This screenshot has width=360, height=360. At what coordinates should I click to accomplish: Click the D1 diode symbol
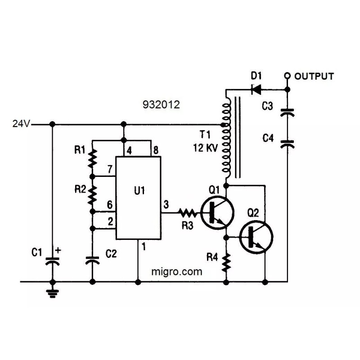(x=257, y=89)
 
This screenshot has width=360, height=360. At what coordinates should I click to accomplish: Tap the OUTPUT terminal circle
(x=287, y=76)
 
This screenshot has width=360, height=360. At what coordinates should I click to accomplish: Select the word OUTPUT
(x=314, y=76)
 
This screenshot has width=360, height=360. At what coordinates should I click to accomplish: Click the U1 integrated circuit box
(x=139, y=198)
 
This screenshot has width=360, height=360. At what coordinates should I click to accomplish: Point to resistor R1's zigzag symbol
(x=93, y=158)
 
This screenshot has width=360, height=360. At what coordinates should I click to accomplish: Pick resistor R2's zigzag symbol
(x=93, y=194)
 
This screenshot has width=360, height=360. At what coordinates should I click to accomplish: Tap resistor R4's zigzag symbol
(x=226, y=263)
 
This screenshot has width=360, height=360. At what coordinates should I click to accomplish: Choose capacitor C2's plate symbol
(x=93, y=260)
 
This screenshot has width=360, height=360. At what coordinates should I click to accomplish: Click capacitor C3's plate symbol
(x=287, y=112)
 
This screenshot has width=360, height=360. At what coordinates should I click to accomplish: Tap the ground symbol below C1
(x=53, y=293)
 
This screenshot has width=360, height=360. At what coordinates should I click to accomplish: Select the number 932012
(x=161, y=105)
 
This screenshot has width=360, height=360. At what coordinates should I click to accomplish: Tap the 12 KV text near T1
(x=204, y=147)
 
